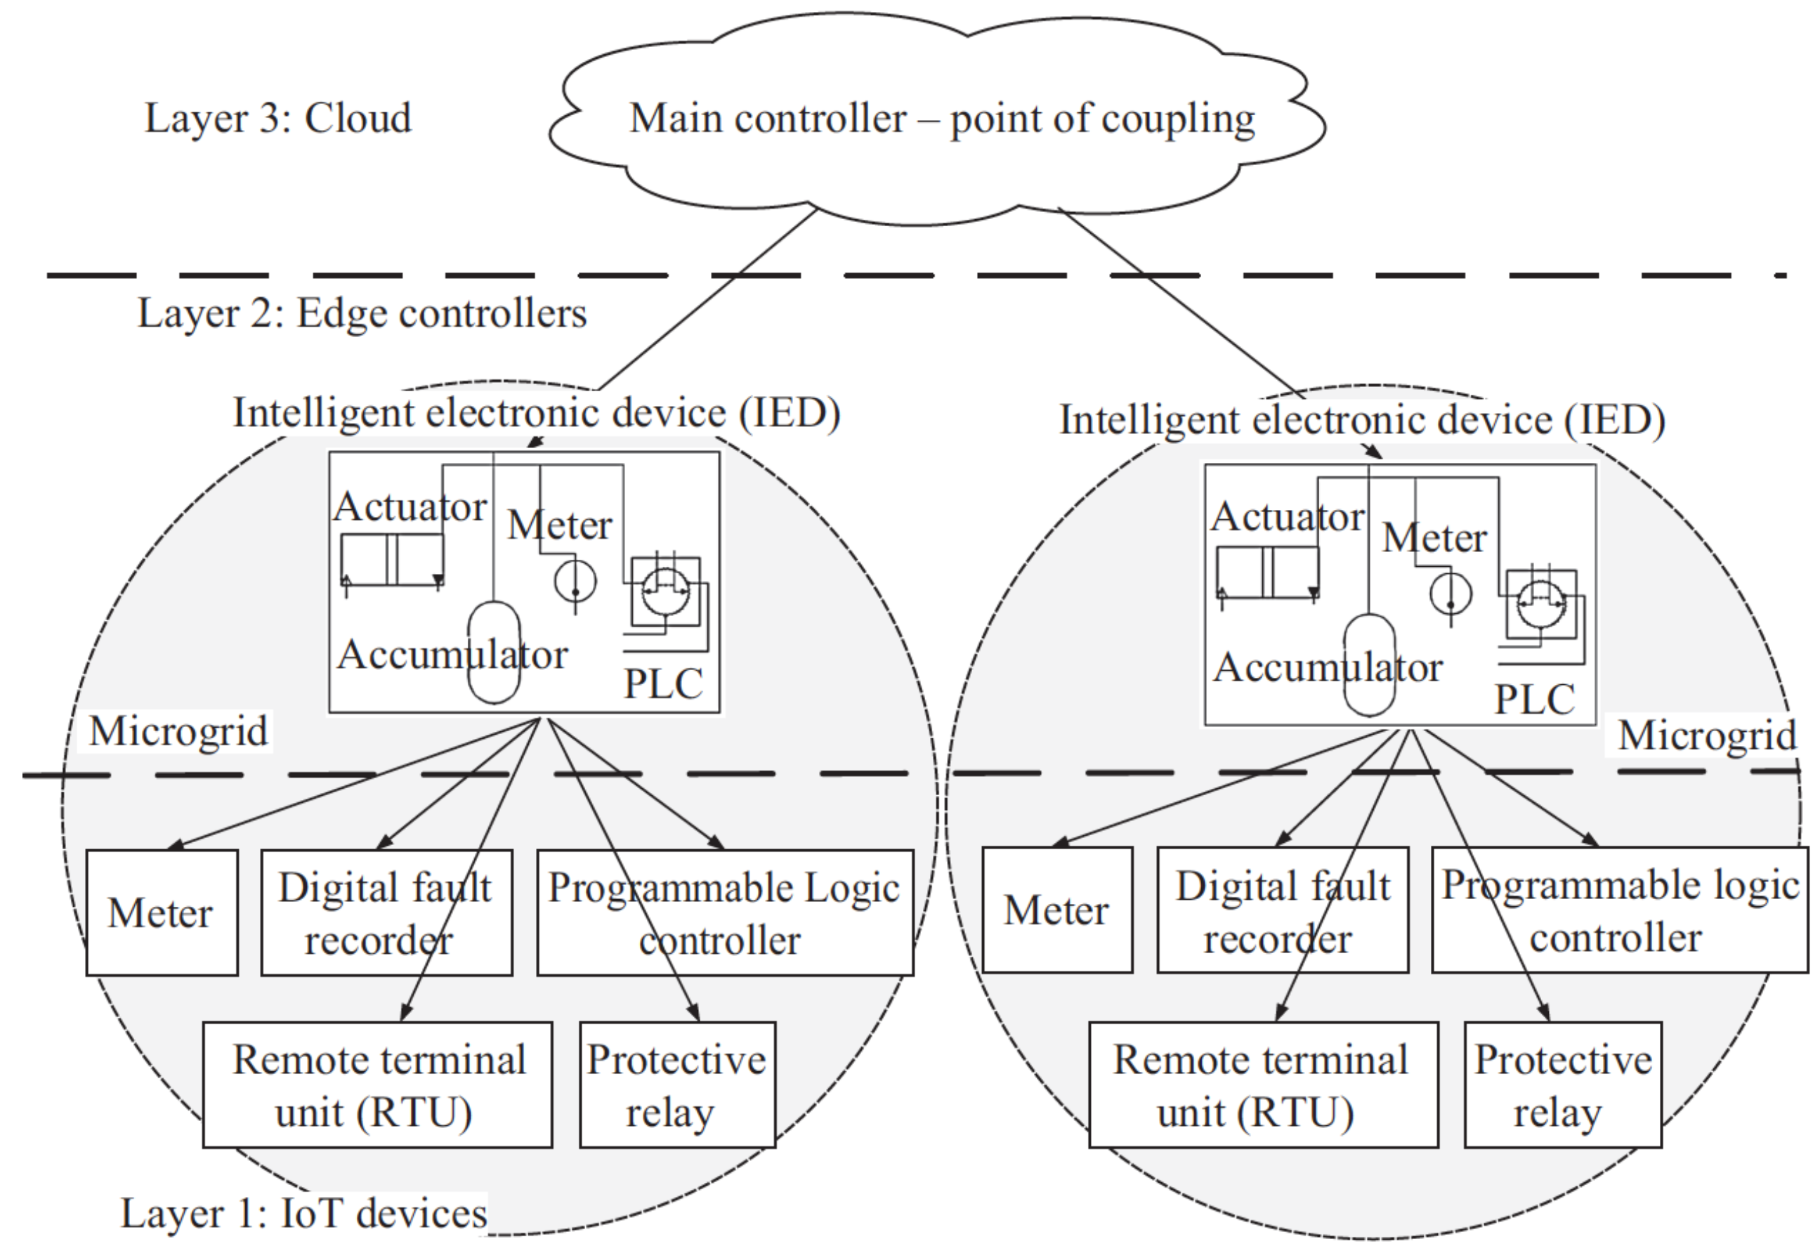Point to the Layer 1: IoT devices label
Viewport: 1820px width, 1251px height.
pyautogui.click(x=303, y=1212)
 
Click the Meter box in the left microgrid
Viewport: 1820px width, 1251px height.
pyautogui.click(x=162, y=912)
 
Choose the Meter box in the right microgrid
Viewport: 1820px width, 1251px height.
pyautogui.click(x=1056, y=910)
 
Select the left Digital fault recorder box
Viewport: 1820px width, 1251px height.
pyautogui.click(x=386, y=912)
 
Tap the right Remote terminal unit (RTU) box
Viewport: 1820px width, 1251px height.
pyautogui.click(x=1263, y=1085)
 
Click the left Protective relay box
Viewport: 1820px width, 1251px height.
pyautogui.click(x=677, y=1085)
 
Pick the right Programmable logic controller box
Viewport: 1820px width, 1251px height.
pyautogui.click(x=1619, y=910)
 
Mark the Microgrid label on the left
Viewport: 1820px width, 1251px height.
pyautogui.click(x=178, y=731)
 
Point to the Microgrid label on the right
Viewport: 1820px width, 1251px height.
pyautogui.click(x=1707, y=736)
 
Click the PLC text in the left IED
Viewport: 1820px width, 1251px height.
pyautogui.click(x=663, y=683)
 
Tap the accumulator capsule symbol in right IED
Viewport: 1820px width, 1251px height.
pyautogui.click(x=1368, y=664)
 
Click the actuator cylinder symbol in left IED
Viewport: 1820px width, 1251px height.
pyautogui.click(x=392, y=559)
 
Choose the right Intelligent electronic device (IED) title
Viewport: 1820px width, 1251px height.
pyautogui.click(x=1362, y=420)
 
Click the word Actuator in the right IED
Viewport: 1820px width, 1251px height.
pyautogui.click(x=1287, y=516)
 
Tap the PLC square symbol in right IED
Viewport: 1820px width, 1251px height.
pyautogui.click(x=1540, y=604)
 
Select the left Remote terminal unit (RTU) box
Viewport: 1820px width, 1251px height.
pyautogui.click(x=377, y=1085)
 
